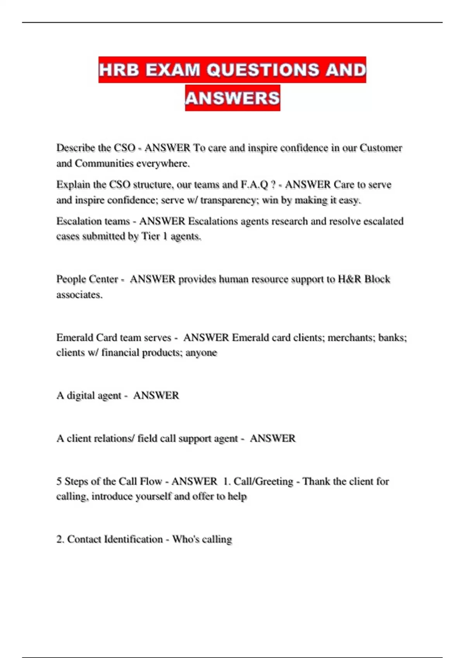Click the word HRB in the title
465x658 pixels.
coord(119,70)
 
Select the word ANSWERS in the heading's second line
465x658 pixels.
coord(232,98)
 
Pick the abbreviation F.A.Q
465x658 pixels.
coord(254,185)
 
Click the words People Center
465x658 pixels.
coord(87,279)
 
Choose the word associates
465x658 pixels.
coord(79,295)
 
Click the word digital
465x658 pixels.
coord(81,396)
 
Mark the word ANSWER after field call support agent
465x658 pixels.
coord(272,438)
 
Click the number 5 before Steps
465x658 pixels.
coord(59,481)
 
